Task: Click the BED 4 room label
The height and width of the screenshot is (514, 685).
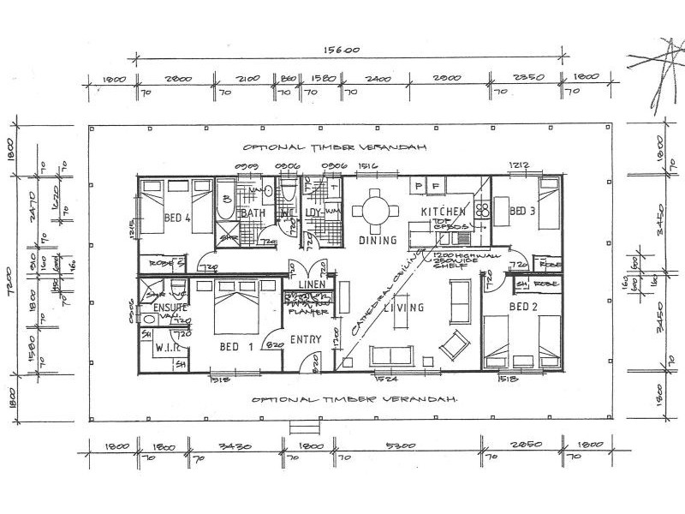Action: coord(176,218)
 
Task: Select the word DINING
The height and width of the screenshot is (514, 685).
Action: coord(378,241)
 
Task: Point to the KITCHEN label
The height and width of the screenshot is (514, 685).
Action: coord(443,212)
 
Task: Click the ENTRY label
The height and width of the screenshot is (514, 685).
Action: coord(305,340)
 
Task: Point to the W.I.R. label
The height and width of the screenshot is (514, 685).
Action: coord(165,349)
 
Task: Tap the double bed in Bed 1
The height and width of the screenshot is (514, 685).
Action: coord(233,309)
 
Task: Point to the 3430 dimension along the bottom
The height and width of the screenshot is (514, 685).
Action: coord(233,446)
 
